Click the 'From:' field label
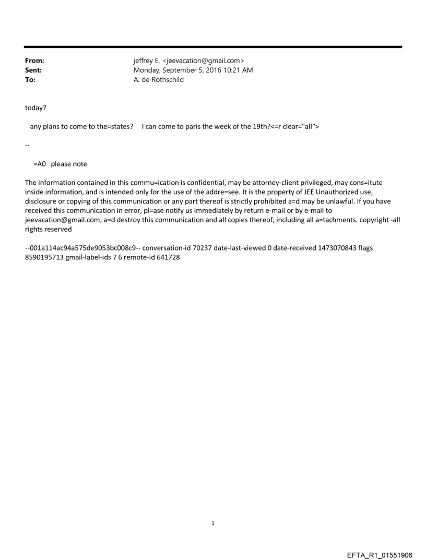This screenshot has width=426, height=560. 34,61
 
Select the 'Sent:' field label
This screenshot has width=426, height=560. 33,70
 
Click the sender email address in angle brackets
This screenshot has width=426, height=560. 206,61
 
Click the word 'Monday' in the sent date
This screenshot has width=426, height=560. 148,70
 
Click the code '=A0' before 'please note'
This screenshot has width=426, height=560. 40,164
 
